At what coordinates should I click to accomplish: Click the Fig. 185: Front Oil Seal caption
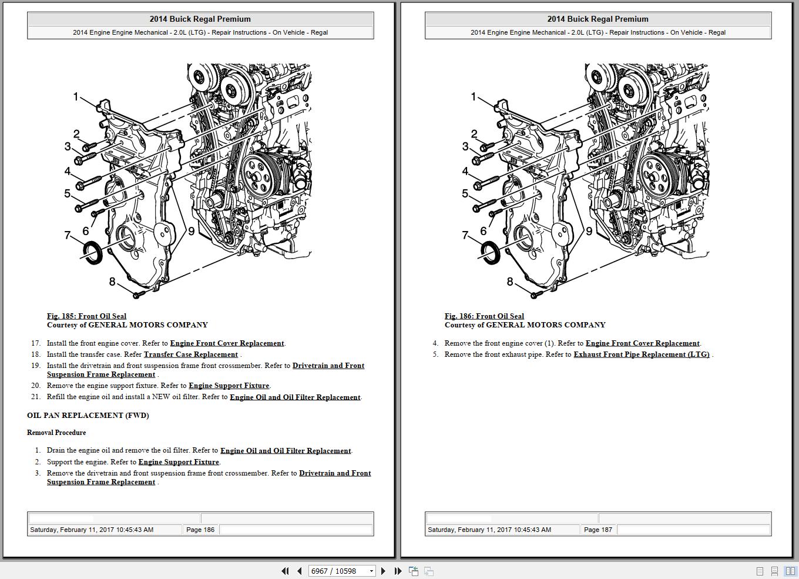click(86, 316)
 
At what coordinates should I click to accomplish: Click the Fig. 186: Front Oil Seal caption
click(484, 316)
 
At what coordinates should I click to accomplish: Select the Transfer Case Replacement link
click(190, 354)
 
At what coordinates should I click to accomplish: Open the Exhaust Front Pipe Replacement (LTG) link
click(641, 354)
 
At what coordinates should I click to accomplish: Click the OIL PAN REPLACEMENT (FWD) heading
click(88, 415)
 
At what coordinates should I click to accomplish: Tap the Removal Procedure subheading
click(56, 433)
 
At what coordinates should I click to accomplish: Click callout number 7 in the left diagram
click(68, 235)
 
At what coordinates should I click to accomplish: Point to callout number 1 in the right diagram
click(474, 96)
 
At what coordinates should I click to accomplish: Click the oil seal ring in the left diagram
click(92, 252)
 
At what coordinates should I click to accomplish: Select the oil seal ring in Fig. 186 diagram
click(489, 252)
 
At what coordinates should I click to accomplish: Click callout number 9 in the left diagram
click(191, 231)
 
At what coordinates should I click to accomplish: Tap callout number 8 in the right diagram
click(510, 282)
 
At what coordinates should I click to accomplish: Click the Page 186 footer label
click(200, 530)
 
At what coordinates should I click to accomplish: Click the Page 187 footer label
click(598, 530)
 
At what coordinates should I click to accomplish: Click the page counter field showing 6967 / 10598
click(338, 571)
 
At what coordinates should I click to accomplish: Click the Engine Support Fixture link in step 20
click(229, 386)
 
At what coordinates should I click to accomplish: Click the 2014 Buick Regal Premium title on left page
click(200, 19)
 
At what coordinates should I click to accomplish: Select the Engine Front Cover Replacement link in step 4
click(642, 343)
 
